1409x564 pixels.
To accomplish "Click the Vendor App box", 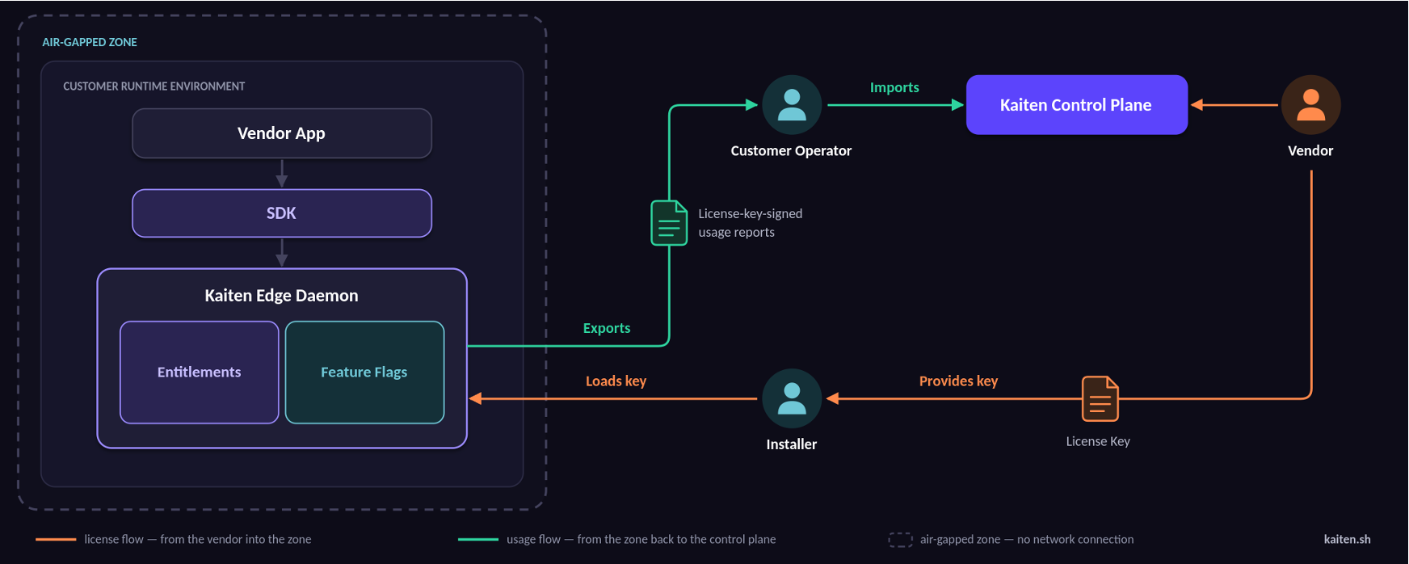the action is tap(282, 133).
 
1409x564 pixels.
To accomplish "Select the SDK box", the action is tap(282, 213).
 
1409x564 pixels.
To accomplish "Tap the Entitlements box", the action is tap(200, 372).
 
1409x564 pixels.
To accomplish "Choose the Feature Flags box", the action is tap(364, 372).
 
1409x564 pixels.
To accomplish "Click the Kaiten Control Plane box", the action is tap(1077, 105).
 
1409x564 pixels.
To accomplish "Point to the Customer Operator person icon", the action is tap(792, 105).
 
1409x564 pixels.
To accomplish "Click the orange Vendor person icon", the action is tap(1310, 105).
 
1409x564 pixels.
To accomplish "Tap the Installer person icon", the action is tap(792, 398).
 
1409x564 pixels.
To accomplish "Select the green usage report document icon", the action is tap(669, 223).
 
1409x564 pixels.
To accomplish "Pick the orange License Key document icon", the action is tap(1100, 399).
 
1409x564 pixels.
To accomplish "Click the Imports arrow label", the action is tap(894, 87).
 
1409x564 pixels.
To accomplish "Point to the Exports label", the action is tap(607, 328).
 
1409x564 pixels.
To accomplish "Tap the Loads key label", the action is tap(616, 381).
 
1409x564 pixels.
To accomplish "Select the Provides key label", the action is tap(958, 381).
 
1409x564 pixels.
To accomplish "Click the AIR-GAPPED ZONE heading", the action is tap(90, 42).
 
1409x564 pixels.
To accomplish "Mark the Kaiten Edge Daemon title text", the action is tap(281, 296).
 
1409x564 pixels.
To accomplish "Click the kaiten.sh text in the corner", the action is tap(1347, 539).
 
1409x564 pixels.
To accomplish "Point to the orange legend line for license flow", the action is tap(56, 539).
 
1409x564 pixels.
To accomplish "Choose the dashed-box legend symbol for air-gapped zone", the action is tap(901, 539).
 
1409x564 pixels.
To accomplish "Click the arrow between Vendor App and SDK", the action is tap(282, 173).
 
